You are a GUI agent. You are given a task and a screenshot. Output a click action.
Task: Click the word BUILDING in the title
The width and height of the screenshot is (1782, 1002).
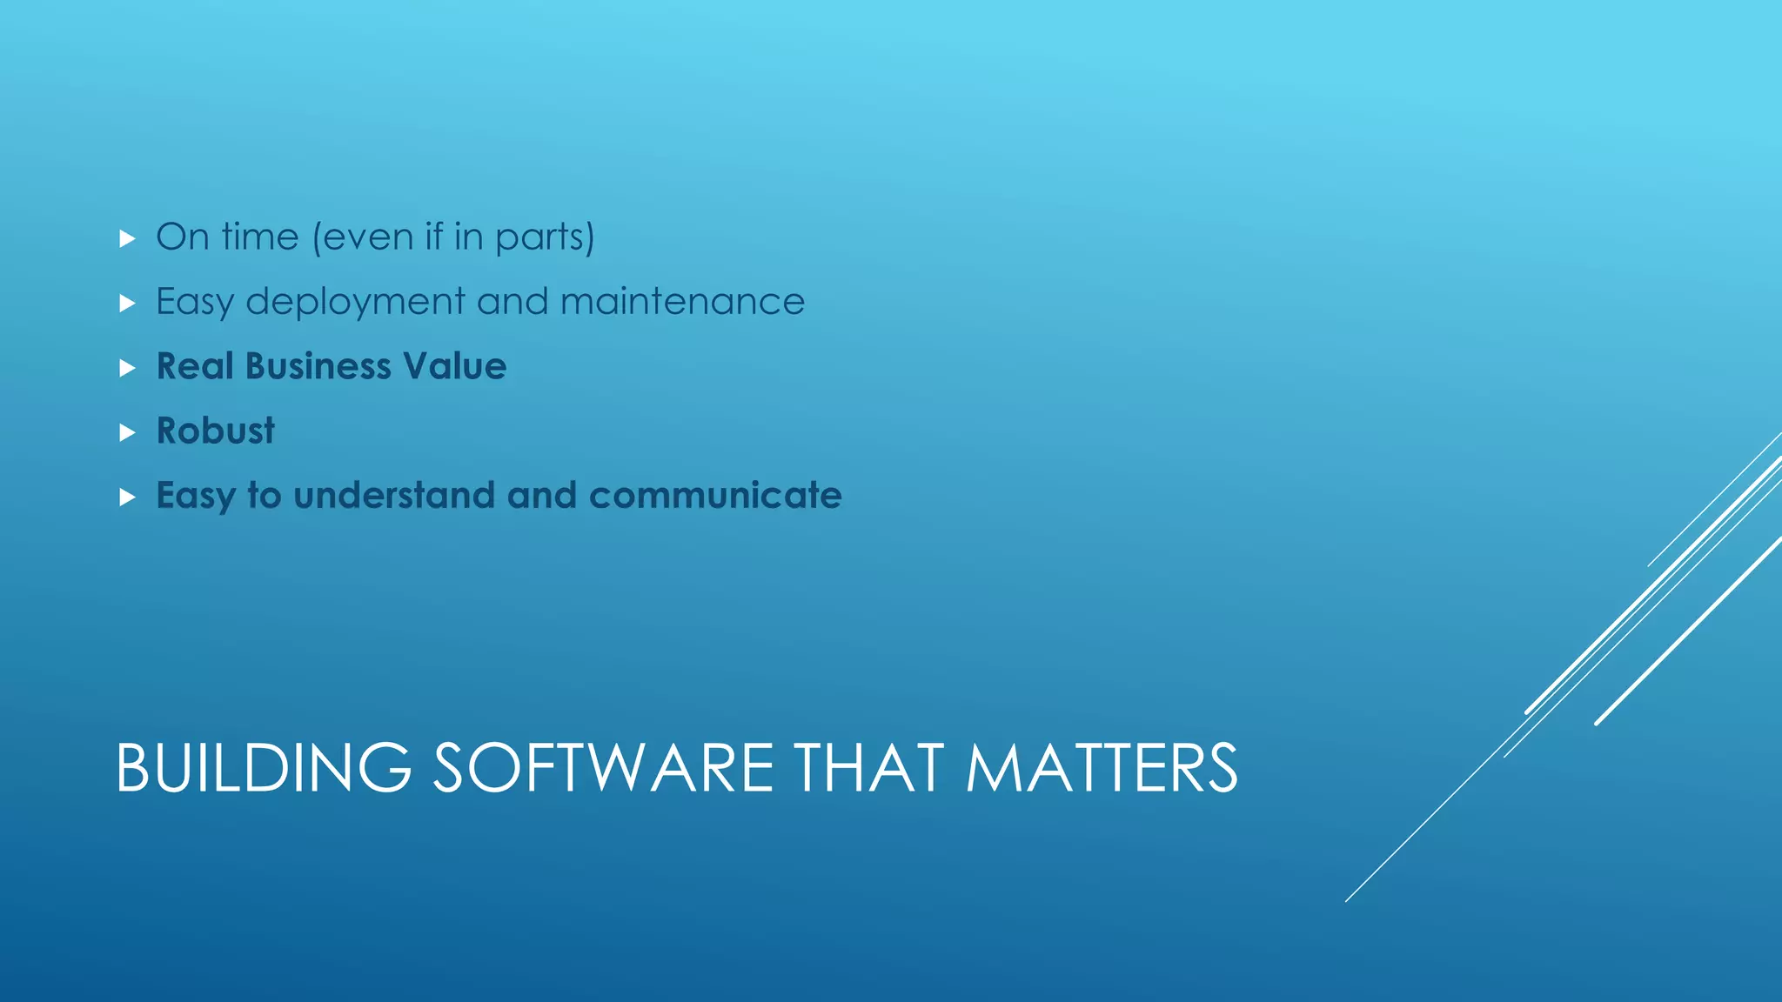(x=263, y=768)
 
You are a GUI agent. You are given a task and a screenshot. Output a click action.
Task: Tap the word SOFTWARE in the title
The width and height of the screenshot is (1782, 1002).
(x=603, y=768)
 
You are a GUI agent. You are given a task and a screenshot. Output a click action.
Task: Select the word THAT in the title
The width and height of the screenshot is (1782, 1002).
(x=868, y=768)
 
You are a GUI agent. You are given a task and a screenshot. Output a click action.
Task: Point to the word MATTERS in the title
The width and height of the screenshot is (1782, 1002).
(x=1102, y=768)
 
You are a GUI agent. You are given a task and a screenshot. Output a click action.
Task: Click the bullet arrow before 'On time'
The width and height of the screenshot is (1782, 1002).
(x=128, y=238)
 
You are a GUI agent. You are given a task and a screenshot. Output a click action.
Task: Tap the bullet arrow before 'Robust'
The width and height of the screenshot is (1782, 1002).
(x=128, y=432)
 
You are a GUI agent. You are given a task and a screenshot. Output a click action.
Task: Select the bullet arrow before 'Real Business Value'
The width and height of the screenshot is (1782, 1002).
(x=128, y=368)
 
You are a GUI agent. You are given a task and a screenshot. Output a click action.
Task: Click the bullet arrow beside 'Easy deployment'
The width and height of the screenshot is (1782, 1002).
(x=128, y=304)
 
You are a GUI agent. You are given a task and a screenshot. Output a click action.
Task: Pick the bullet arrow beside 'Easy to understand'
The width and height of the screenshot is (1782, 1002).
(x=128, y=498)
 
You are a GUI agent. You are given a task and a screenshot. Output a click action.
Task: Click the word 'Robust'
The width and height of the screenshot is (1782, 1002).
(x=215, y=431)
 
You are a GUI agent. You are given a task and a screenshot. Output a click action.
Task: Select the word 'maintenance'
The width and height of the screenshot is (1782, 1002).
(x=682, y=302)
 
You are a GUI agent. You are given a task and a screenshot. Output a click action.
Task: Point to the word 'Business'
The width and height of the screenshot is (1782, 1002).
(x=318, y=366)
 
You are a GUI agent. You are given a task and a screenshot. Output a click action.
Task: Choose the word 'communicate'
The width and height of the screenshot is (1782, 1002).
(x=715, y=495)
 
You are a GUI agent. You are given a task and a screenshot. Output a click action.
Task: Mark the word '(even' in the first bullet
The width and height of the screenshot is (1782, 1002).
(x=362, y=237)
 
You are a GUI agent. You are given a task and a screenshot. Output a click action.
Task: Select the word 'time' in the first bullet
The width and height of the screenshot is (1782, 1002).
(x=259, y=237)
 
